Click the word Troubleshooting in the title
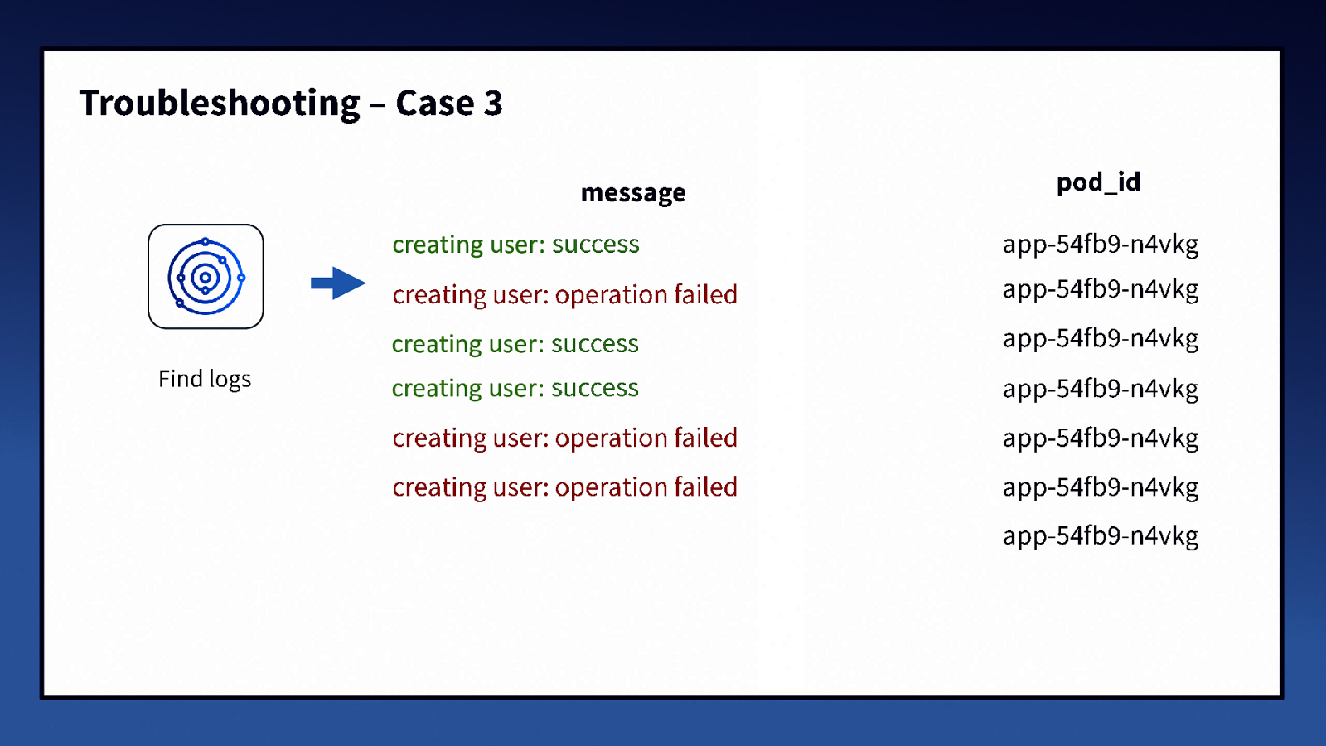[220, 104]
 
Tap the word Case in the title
[435, 104]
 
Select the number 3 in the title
[493, 104]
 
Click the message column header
[633, 192]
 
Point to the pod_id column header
[1098, 182]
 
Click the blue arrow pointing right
[337, 283]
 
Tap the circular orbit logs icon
[206, 277]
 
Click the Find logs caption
[205, 379]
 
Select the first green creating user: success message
[515, 245]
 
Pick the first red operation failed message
[564, 294]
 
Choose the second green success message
[515, 343]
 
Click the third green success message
[515, 388]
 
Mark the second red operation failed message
[564, 438]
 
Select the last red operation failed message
[564, 487]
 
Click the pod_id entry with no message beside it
[1101, 535]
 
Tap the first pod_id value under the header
[1101, 245]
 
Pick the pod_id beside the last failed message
[1101, 487]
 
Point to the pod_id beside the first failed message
[1101, 289]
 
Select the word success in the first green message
[595, 245]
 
